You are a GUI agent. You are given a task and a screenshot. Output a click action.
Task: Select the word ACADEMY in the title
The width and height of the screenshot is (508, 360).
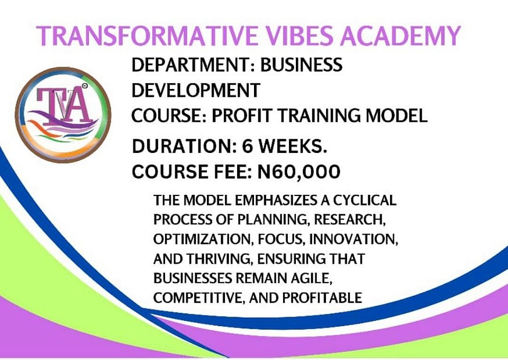coord(400,35)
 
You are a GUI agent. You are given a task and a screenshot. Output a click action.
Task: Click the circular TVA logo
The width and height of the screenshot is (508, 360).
coord(63,115)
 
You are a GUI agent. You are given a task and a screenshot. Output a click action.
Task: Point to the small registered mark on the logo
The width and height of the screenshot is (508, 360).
coord(85,86)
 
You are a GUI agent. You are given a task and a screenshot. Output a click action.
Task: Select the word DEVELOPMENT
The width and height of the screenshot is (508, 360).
coord(196,90)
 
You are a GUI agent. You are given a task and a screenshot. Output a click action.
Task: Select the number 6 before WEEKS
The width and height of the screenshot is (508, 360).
coord(248,146)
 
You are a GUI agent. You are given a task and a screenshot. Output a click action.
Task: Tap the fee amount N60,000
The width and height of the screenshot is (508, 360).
coord(298,172)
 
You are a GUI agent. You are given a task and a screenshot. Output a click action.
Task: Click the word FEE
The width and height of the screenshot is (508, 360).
coord(233,172)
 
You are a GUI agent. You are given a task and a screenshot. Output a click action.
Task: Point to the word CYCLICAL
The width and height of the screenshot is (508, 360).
coord(365,200)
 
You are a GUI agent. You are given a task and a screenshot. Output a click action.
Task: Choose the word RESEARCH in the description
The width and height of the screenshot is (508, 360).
coord(350,220)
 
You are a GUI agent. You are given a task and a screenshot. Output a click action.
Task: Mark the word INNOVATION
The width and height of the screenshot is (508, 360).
coord(353,239)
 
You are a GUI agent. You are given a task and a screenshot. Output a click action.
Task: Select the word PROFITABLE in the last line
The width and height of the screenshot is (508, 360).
coord(322,298)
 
